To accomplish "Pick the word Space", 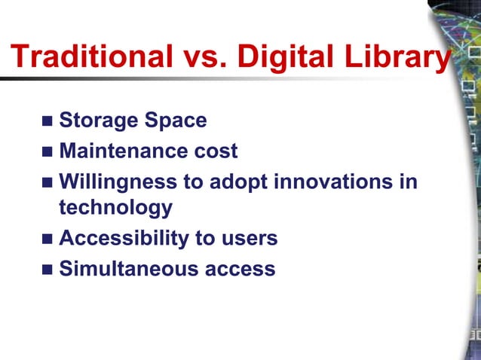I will pos(176,121).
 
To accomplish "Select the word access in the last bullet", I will pos(240,269).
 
